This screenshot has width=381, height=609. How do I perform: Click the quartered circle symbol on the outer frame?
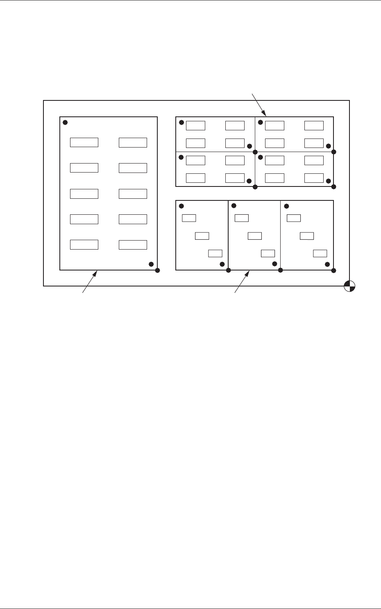(349, 286)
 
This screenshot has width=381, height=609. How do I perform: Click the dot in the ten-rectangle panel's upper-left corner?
(65, 122)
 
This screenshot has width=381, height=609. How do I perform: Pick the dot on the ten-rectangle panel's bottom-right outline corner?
(157, 270)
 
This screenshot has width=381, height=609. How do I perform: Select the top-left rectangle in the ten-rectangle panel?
(84, 142)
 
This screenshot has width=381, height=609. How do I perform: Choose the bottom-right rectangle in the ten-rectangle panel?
(133, 245)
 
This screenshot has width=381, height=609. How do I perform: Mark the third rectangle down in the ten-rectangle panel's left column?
(84, 193)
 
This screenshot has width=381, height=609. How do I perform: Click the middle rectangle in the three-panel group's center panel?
(254, 236)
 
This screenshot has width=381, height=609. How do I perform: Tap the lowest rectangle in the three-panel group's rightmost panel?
(320, 253)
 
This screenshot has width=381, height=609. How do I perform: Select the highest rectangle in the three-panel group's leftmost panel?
(189, 218)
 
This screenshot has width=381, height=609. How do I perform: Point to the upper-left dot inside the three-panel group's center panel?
(234, 206)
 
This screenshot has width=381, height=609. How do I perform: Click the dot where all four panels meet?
(255, 152)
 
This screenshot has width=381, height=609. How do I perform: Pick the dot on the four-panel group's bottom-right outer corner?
(333, 187)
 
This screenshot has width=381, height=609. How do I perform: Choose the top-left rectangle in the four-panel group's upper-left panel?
(195, 125)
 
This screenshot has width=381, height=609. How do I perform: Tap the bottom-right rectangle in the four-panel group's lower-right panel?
(314, 177)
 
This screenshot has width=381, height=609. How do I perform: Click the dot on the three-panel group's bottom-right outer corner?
(333, 270)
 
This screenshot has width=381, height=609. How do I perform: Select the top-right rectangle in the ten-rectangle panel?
(133, 142)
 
